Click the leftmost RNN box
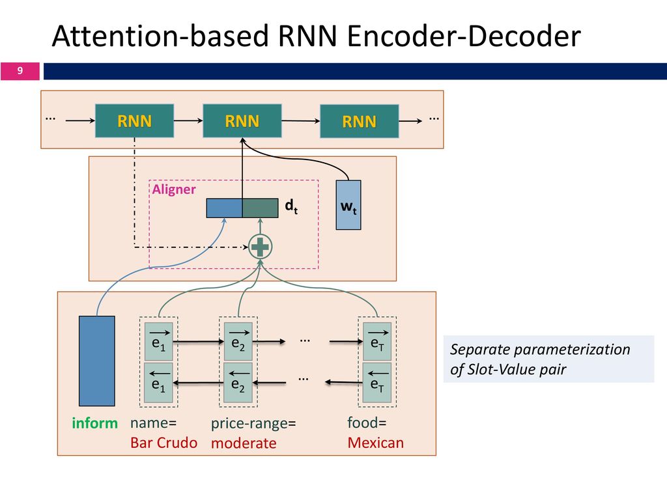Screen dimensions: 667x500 point(134,120)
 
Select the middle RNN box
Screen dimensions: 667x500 point(242,120)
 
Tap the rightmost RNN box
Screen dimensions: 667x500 point(360,121)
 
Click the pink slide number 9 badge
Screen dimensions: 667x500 point(20,71)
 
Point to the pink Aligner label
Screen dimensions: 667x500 point(174,189)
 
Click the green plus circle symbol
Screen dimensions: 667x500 point(261,247)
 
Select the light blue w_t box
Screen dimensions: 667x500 point(348,205)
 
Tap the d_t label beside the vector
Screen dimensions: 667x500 point(291,206)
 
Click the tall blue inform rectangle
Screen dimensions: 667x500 point(97,361)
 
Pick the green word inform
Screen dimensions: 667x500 point(95,423)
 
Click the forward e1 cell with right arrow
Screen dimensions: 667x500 point(159,342)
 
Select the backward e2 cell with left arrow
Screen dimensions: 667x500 point(238,382)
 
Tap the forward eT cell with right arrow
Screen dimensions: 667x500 point(377,341)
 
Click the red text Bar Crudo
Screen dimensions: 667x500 point(163,443)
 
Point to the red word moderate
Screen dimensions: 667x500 point(244,443)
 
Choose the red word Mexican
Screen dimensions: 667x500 point(376,443)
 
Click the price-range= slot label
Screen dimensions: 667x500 point(253,423)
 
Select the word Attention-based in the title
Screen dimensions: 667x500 point(160,36)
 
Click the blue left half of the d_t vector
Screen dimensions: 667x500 point(225,208)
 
